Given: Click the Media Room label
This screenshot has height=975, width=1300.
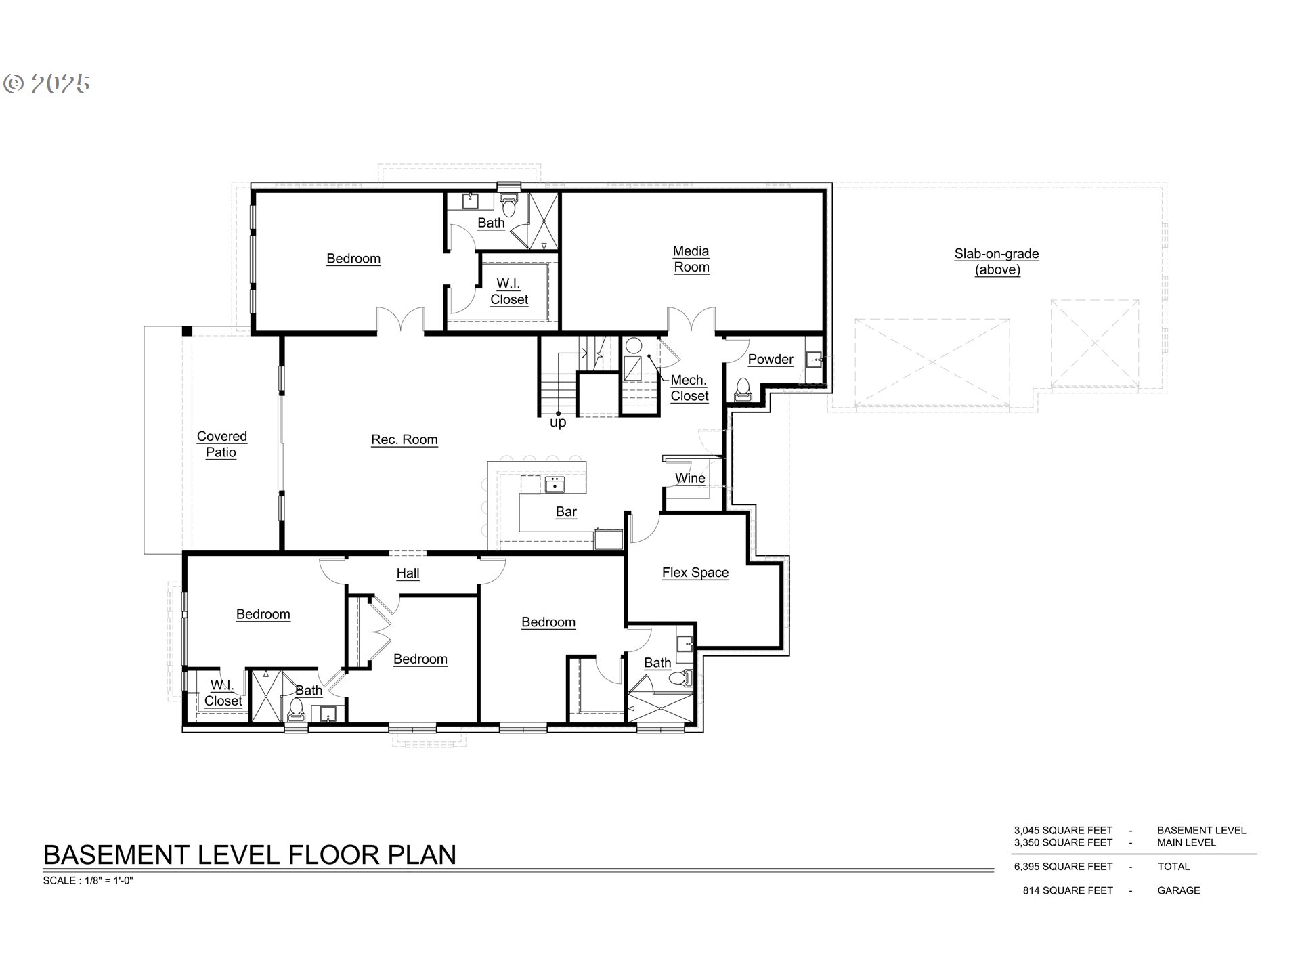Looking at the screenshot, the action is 691,259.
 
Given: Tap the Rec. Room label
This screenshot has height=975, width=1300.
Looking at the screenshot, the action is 404,440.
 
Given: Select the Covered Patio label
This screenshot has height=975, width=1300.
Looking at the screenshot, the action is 221,445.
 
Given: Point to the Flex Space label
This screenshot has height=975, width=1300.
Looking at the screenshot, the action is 695,573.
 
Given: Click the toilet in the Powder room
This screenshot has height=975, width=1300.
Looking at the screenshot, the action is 743,389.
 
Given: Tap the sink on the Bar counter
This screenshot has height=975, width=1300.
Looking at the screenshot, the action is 555,484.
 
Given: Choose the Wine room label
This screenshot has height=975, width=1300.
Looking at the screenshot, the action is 690,479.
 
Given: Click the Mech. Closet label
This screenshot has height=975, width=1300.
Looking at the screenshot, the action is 689,389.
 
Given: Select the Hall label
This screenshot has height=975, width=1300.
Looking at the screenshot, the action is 408,573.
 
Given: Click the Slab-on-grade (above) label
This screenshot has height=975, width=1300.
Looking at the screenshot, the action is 997,262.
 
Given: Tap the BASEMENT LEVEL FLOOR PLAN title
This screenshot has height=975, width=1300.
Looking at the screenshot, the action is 250,855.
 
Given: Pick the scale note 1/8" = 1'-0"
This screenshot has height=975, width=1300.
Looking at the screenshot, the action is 88,881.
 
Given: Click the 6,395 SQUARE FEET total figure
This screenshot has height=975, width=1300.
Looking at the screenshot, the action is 1063,867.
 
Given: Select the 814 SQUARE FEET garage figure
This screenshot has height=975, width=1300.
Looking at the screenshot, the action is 1068,891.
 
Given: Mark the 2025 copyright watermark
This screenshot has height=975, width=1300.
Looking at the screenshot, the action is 47,84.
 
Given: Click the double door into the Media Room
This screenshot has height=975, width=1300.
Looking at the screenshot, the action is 691,320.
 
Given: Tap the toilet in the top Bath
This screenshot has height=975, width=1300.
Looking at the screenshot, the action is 508,204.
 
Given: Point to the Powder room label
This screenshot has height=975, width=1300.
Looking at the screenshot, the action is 771,360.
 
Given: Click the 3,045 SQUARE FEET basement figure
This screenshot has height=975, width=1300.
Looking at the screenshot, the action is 1063,831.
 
